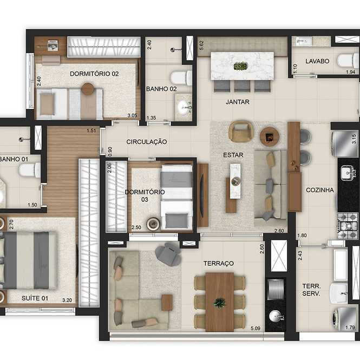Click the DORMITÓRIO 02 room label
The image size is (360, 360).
point(94,74)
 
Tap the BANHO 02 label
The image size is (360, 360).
point(161,89)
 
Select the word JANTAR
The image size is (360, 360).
point(238,102)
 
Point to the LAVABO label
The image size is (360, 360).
point(317,61)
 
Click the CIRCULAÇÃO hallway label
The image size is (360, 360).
point(147,142)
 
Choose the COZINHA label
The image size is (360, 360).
point(320,190)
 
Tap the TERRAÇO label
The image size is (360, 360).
point(219,263)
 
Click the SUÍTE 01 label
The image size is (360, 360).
point(35,298)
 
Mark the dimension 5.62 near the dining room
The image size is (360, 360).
point(201,45)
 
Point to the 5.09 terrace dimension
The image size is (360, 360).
point(256,328)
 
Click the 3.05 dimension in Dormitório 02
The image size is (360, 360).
point(132,115)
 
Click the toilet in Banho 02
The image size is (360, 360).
point(181,78)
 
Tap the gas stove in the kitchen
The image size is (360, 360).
point(348,225)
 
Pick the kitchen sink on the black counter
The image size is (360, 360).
point(348,173)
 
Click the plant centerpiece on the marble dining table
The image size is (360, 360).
point(240,66)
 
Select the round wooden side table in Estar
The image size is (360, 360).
point(270,137)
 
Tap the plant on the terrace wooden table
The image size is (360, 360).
point(220,303)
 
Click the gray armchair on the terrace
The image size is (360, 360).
point(168,254)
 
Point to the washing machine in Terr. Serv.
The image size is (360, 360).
point(344,319)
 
